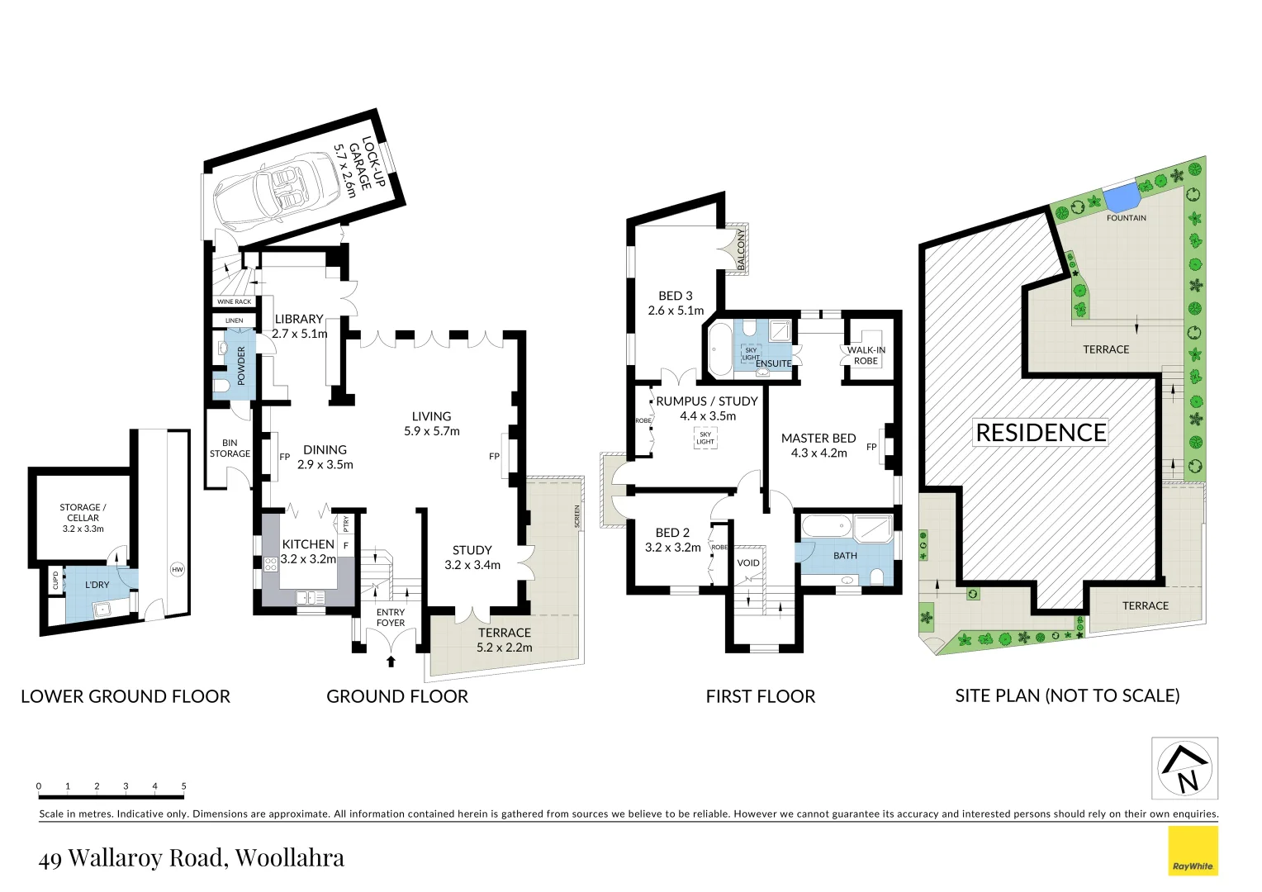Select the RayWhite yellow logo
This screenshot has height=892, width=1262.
[x=1193, y=851]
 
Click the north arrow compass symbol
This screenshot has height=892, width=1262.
[x=1185, y=768]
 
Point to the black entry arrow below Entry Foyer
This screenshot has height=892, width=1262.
[x=391, y=661]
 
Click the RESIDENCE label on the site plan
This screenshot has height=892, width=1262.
[x=1041, y=433]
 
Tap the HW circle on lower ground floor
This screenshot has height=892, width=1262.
[x=177, y=569]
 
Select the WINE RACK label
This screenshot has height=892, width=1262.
[x=234, y=301]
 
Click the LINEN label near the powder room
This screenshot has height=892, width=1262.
[x=234, y=320]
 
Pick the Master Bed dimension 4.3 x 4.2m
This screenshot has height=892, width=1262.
[x=818, y=453]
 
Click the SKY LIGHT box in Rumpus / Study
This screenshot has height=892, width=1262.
[x=705, y=438]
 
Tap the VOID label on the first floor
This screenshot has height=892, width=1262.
[x=747, y=563]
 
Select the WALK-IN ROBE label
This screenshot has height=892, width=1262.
[x=866, y=355]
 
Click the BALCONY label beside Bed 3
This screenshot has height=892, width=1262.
[x=741, y=249]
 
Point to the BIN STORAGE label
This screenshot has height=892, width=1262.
[x=230, y=448]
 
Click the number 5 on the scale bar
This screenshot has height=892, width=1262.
[x=183, y=786]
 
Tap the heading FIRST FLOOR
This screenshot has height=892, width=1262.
[x=760, y=696]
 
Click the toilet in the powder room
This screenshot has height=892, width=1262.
[x=221, y=386]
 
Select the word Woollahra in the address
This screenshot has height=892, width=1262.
[x=289, y=858]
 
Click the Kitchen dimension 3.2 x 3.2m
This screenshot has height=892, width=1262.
[x=308, y=559]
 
